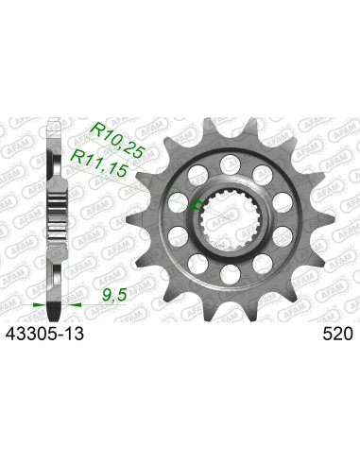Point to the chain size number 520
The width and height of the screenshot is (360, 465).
pos(334,334)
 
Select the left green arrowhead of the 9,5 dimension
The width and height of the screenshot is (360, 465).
pos(36,307)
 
